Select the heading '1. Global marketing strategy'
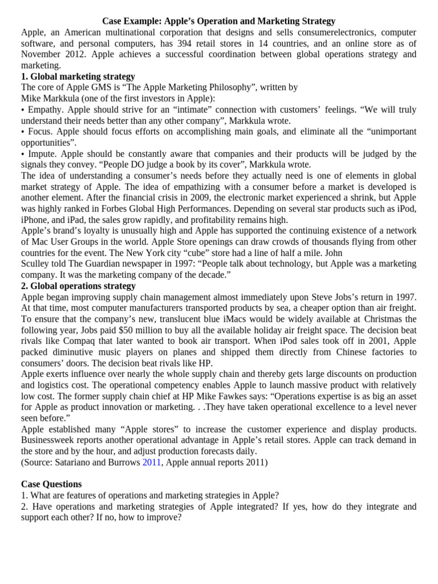coord(78,76)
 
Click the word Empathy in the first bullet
coord(43,109)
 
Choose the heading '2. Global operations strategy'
coord(79,286)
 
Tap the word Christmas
coord(376,319)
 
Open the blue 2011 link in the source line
coord(152,463)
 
